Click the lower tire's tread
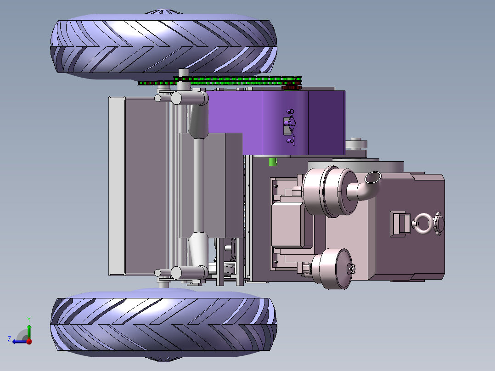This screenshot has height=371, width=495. pyautogui.click(x=163, y=325)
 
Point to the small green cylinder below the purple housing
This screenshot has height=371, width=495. pyautogui.click(x=273, y=162)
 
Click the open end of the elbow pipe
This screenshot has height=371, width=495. pyautogui.click(x=373, y=177)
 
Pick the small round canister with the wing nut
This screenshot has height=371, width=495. pyautogui.click(x=333, y=269)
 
